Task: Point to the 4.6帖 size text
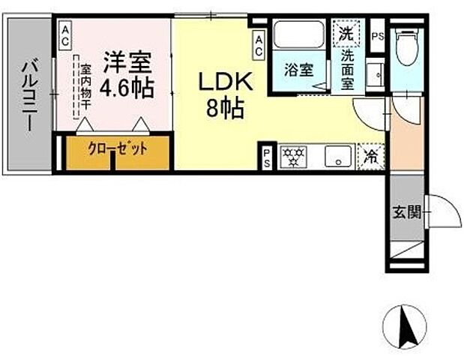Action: pyautogui.click(x=127, y=87)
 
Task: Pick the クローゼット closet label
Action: pyautogui.click(x=118, y=148)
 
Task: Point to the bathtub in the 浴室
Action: pyautogui.click(x=298, y=34)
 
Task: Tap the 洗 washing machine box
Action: pyautogui.click(x=346, y=33)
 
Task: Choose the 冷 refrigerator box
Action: pyautogui.click(x=370, y=157)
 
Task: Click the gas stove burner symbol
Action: pyautogui.click(x=294, y=157)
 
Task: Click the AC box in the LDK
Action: pyautogui.click(x=259, y=45)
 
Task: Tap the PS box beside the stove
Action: pyautogui.click(x=267, y=157)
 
